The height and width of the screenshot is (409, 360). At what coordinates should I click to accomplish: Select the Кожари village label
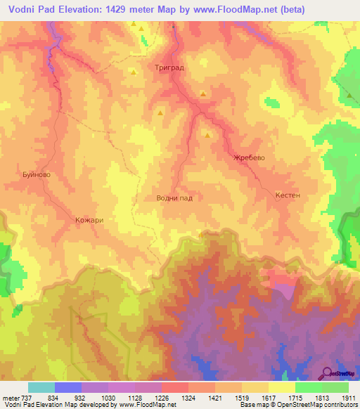[x=89, y=220]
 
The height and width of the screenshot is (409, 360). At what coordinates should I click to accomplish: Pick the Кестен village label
[x=288, y=195]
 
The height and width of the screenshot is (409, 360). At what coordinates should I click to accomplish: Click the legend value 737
[x=25, y=398]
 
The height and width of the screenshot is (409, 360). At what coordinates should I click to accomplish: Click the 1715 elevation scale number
[x=293, y=398]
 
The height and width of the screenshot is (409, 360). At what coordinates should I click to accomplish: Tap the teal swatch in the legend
[x=41, y=387]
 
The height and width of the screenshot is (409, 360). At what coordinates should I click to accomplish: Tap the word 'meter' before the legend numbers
[x=10, y=398]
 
